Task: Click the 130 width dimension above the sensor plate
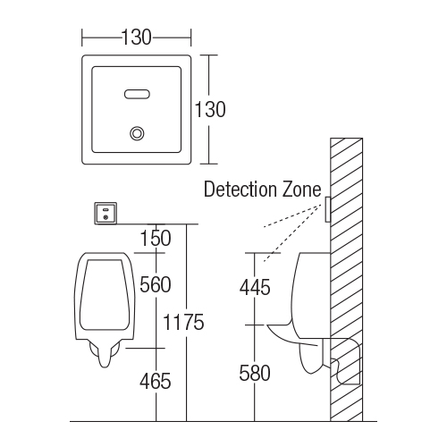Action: pyautogui.click(x=137, y=38)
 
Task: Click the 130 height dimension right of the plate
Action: pyautogui.click(x=210, y=109)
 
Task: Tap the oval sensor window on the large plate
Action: pyautogui.click(x=137, y=94)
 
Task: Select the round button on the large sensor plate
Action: pyautogui.click(x=137, y=133)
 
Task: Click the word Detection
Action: pyautogui.click(x=240, y=190)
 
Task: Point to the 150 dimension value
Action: pyautogui.click(x=156, y=238)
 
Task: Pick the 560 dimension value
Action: pyautogui.click(x=156, y=284)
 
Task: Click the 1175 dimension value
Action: pyautogui.click(x=183, y=322)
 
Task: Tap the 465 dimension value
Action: pyautogui.click(x=156, y=381)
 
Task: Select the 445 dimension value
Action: pyautogui.click(x=255, y=288)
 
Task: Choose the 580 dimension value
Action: pyautogui.click(x=255, y=373)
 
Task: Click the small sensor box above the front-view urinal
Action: pyautogui.click(x=105, y=213)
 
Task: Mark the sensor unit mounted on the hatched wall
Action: pyautogui.click(x=327, y=209)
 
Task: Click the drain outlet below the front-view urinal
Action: pyautogui.click(x=105, y=354)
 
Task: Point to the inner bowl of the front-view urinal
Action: pyautogui.click(x=105, y=295)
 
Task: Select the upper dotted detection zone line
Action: pyautogui.click(x=292, y=215)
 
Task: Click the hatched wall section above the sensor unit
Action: pyautogui.click(x=347, y=167)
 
